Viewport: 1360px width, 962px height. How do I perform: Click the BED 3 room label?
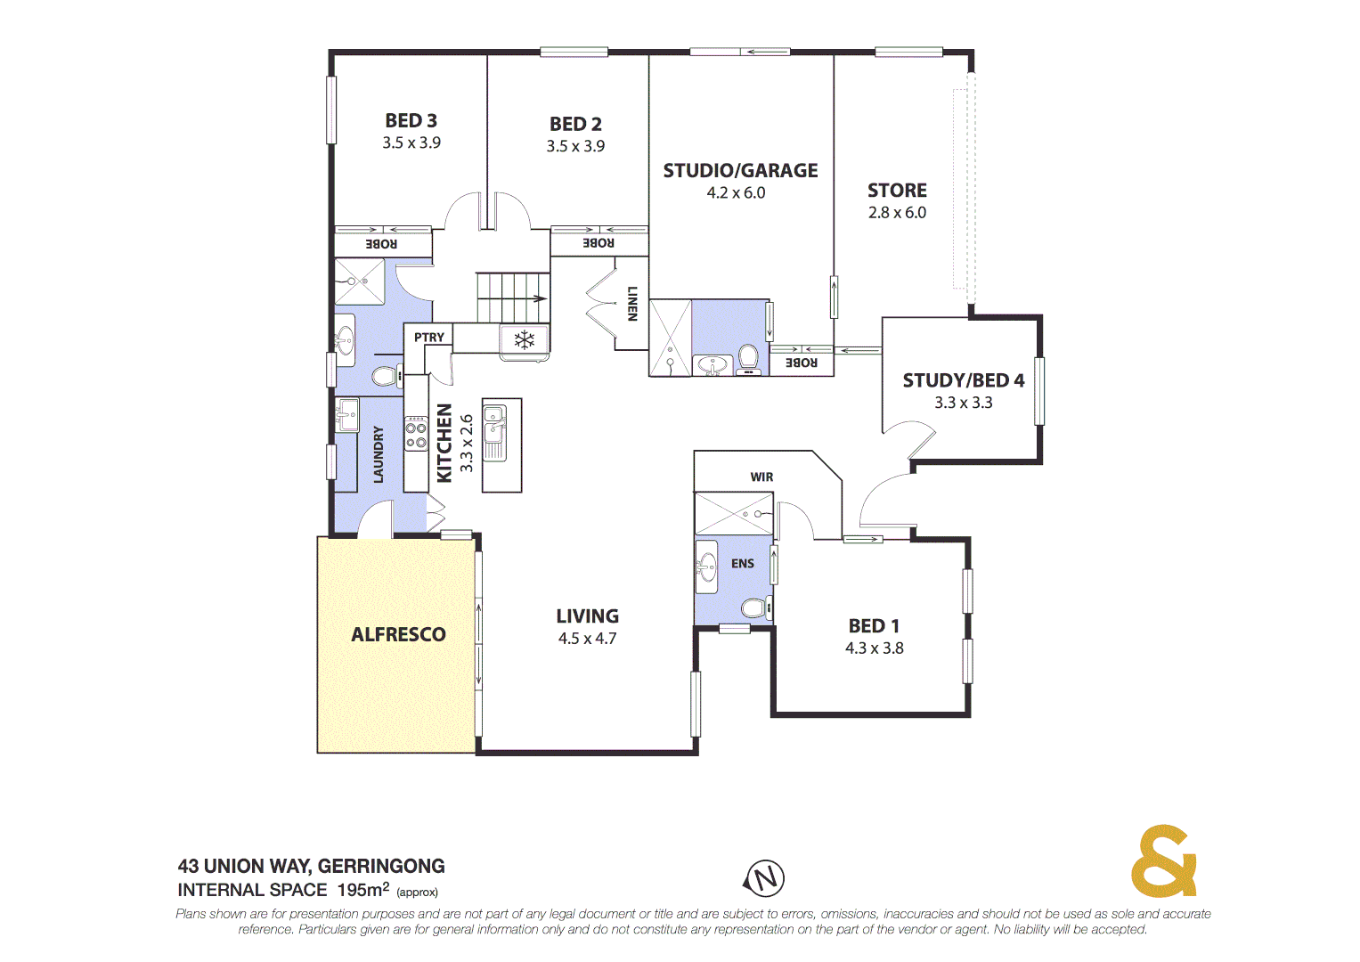411,120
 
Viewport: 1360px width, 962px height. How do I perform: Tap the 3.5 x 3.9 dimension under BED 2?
575,146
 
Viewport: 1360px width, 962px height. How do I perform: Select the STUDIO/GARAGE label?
740,170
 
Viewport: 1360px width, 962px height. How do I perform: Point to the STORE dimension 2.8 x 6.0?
897,213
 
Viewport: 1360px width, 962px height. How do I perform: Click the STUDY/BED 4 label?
963,380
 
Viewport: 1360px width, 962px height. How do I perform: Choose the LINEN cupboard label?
632,303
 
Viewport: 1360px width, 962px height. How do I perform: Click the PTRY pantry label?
428,338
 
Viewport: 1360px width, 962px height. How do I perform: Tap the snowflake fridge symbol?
525,339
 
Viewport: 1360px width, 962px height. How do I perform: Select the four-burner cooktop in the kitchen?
416,434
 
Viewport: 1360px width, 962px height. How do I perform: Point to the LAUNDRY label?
379,454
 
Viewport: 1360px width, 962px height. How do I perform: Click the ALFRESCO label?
398,634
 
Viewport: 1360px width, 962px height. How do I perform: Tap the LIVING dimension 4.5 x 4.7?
587,639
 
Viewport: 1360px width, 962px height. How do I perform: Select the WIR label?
761,477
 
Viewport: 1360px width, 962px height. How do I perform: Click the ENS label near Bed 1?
743,564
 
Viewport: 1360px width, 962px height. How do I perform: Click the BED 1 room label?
874,626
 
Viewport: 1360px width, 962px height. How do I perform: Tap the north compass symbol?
764,878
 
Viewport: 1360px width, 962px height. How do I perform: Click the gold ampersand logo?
1163,861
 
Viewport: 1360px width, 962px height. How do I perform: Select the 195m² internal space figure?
362,890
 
